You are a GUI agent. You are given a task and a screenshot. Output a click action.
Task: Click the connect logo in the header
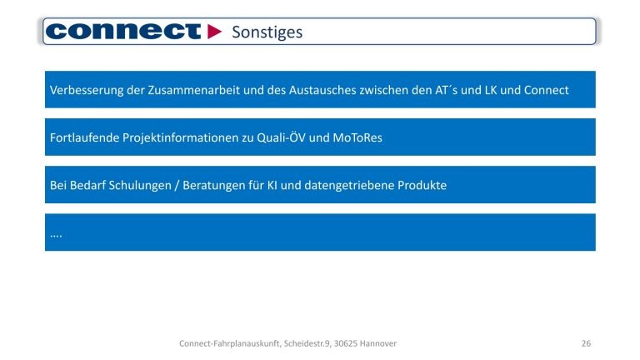point(123,32)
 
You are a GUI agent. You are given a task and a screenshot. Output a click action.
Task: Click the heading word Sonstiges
point(267,32)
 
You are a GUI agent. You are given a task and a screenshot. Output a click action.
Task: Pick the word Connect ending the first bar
point(547,90)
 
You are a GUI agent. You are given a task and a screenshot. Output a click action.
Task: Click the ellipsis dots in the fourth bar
point(57,235)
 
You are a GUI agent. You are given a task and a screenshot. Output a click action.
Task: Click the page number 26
point(586,343)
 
